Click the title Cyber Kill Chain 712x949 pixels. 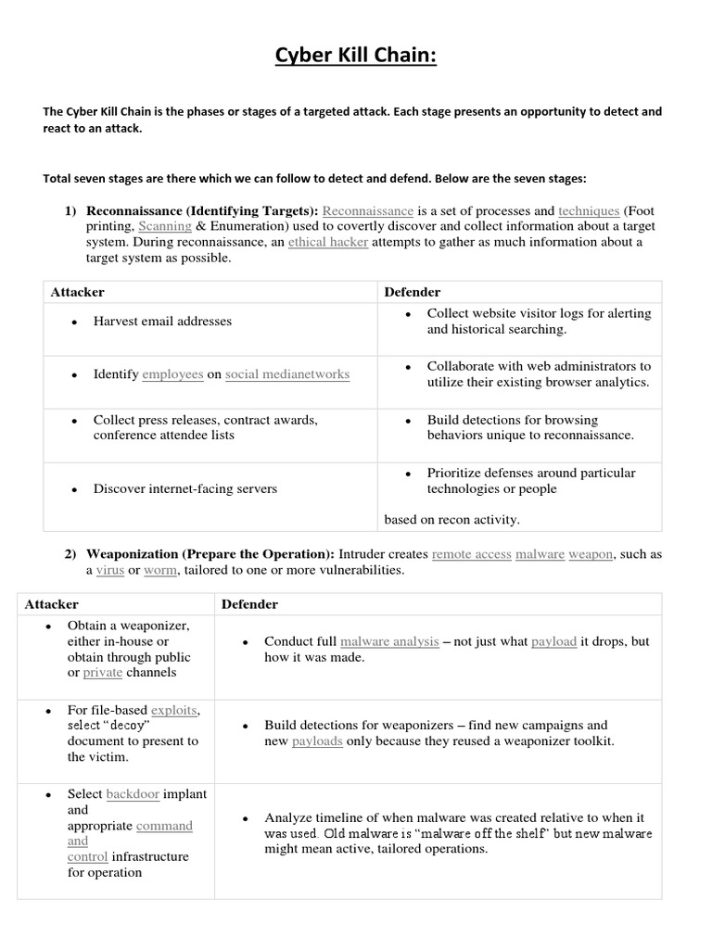coord(356,57)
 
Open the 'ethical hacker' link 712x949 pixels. coord(328,242)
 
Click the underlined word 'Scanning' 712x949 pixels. coord(165,226)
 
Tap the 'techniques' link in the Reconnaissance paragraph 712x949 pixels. coord(589,210)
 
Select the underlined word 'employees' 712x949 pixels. coord(172,374)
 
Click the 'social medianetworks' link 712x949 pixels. coord(287,374)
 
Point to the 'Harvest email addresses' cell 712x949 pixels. coord(162,322)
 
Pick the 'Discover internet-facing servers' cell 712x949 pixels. coord(184,488)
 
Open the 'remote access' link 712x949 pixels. coord(469,554)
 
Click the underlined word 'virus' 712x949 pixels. coord(110,570)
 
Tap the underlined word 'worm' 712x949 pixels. coord(159,570)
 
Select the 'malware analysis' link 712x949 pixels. coord(389,641)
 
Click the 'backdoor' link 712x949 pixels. coord(133,794)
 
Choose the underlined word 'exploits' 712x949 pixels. coord(172,710)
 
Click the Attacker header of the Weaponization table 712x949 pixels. coord(51,604)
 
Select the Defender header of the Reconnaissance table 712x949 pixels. coord(412,292)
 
